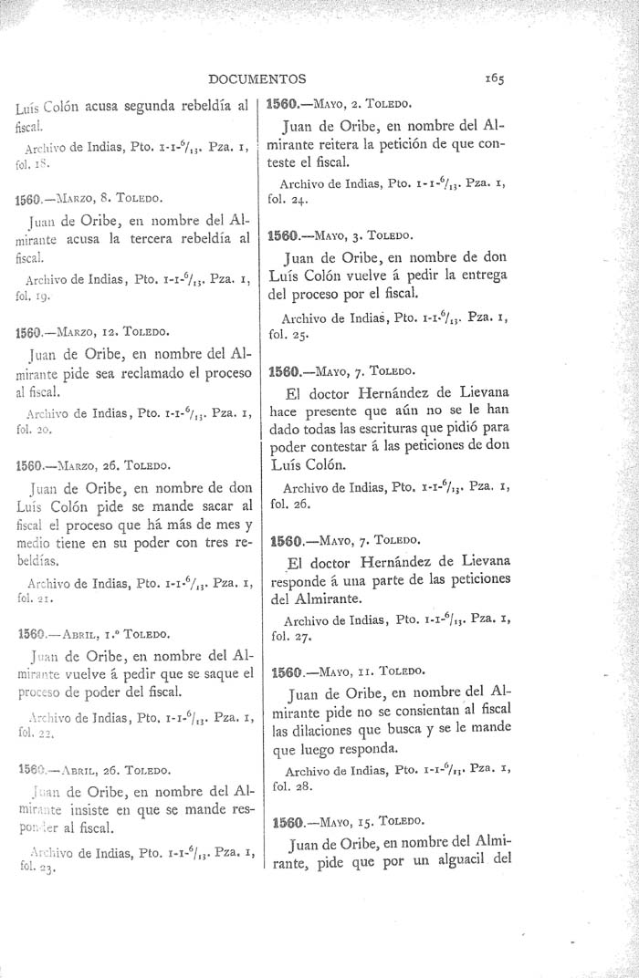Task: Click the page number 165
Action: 496,78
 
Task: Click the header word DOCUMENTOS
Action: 257,78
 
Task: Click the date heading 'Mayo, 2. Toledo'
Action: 342,102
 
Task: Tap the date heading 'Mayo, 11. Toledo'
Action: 347,672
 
